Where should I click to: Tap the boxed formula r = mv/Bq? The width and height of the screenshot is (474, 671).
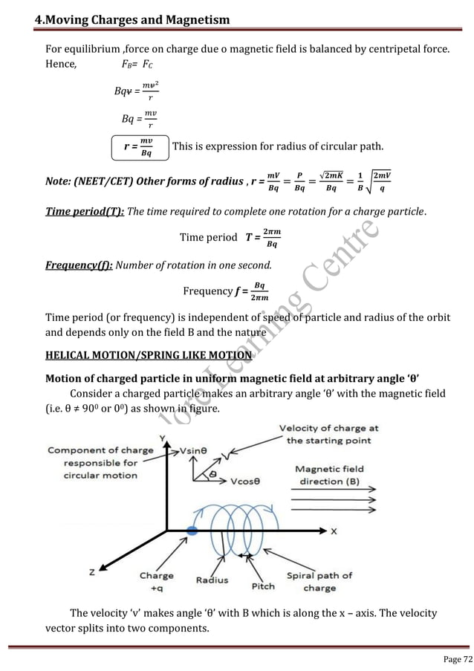(x=139, y=147)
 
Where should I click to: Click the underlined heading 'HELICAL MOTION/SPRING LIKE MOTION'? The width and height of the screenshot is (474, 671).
(x=149, y=354)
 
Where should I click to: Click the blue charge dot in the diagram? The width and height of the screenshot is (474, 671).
(x=193, y=531)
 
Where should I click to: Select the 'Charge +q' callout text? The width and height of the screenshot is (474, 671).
(x=157, y=581)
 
